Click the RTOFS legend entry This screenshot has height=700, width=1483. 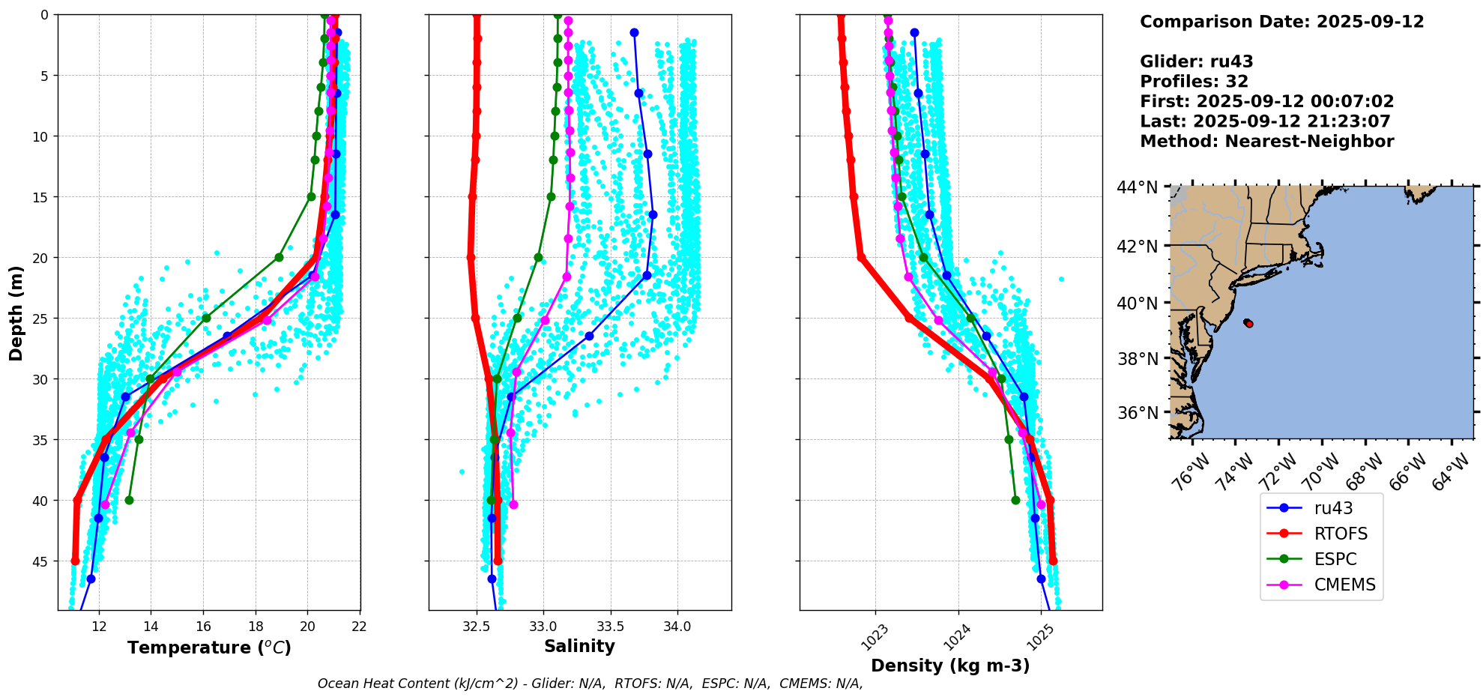(x=1340, y=534)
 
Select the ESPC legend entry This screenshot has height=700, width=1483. (x=1335, y=559)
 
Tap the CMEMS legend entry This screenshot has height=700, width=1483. (x=1344, y=585)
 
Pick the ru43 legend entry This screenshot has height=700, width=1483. (x=1333, y=508)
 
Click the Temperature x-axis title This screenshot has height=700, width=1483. (x=209, y=648)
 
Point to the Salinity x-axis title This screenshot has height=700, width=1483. (x=579, y=646)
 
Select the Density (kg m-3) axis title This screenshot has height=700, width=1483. (x=950, y=666)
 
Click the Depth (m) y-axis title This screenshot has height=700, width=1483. (x=16, y=313)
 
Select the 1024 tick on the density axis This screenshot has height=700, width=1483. (x=957, y=637)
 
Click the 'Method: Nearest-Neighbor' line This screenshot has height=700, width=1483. (x=1266, y=142)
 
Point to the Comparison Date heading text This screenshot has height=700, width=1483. (x=1281, y=22)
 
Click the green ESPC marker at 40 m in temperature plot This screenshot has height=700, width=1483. (x=129, y=500)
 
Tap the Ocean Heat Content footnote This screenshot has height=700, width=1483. (x=590, y=684)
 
